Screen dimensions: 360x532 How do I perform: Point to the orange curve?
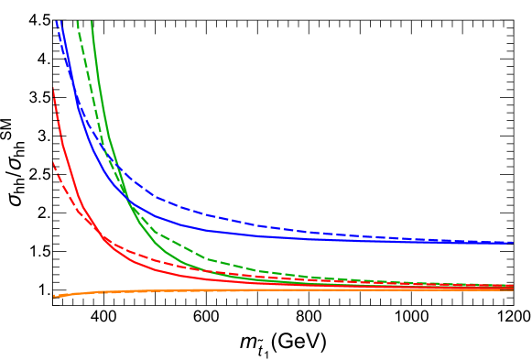pyautogui.click(x=275, y=290)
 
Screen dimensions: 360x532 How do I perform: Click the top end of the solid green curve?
pyautogui.click(x=92, y=20)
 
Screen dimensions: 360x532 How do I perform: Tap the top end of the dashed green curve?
pyautogui.click(x=77, y=20)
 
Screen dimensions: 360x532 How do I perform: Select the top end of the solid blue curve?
pyautogui.click(x=60, y=20)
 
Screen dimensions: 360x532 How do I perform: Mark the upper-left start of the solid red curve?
pyautogui.click(x=53, y=88)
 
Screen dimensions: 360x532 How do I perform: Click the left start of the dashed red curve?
pyautogui.click(x=53, y=162)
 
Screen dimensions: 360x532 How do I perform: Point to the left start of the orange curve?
pyautogui.click(x=54, y=296)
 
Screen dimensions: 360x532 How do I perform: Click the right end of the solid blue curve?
pyautogui.click(x=512, y=243)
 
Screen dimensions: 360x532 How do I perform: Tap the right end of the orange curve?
pyautogui.click(x=512, y=289)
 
